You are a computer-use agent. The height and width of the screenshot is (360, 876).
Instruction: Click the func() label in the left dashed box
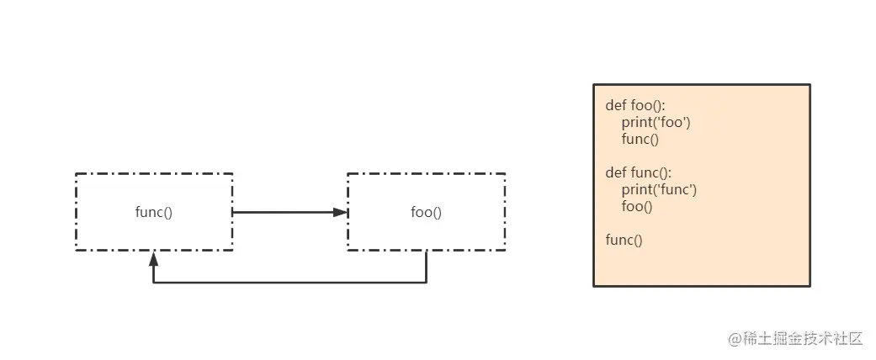[x=154, y=212]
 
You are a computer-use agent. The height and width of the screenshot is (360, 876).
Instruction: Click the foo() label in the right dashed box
[x=426, y=212]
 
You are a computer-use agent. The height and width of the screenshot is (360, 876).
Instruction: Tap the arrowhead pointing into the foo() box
[x=341, y=212]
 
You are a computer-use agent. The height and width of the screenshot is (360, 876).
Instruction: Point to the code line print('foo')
[x=656, y=123]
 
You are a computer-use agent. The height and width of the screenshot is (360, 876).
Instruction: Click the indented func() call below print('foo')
[x=640, y=140]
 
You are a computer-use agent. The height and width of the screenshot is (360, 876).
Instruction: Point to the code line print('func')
[x=659, y=190]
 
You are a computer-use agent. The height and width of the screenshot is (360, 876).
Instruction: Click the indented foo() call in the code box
[x=637, y=206]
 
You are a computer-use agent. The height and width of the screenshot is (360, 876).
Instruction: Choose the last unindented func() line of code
[x=624, y=240]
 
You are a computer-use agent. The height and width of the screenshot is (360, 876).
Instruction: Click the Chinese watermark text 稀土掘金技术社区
[x=803, y=338]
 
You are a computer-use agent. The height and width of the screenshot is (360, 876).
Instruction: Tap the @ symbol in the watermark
[x=733, y=339]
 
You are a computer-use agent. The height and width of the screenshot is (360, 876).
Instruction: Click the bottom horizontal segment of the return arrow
[x=289, y=283]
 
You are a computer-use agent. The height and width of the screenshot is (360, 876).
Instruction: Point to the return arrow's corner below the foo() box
[x=426, y=283]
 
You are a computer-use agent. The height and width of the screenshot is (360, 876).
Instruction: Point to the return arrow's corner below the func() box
[x=153, y=283]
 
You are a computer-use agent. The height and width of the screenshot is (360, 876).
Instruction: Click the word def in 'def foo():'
[x=616, y=106]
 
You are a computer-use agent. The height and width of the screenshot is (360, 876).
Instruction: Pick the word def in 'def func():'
[x=616, y=173]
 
